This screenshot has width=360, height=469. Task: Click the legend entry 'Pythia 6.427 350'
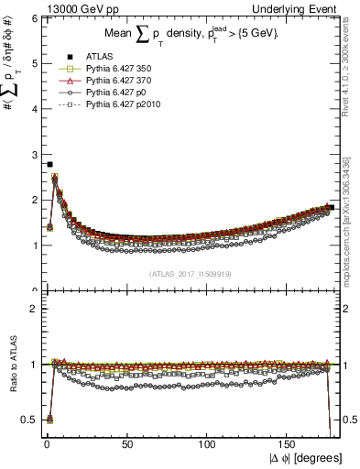pyautogui.click(x=115, y=69)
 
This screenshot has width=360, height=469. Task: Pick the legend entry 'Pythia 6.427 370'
pyautogui.click(x=115, y=82)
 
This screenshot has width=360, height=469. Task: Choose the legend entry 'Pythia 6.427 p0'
pyautogui.click(x=112, y=93)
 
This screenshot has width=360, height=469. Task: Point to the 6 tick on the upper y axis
pyautogui.click(x=34, y=18)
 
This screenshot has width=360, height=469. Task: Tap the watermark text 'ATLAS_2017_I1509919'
pyautogui.click(x=189, y=274)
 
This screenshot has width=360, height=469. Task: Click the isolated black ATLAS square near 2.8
pyautogui.click(x=49, y=164)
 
